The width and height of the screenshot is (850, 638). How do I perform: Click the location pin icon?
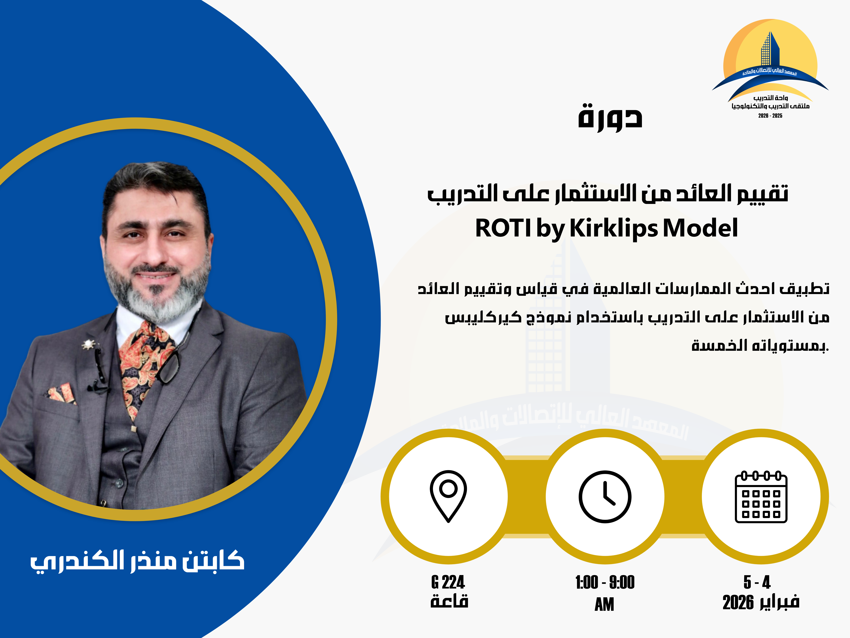click(448, 496)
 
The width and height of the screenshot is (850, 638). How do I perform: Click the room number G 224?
click(448, 582)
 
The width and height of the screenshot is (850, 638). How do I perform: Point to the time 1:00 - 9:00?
click(605, 582)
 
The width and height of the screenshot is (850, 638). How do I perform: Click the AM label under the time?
click(604, 604)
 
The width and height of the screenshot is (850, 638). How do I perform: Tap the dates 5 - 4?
click(757, 582)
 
